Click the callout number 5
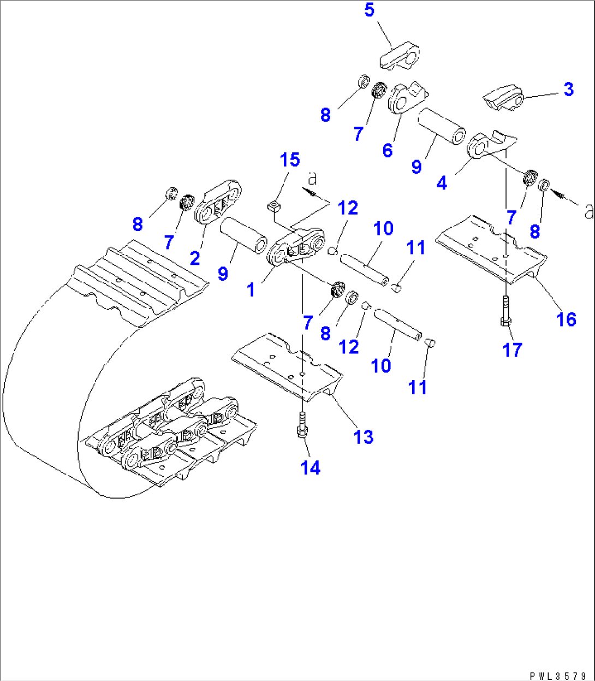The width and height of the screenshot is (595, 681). coord(370,10)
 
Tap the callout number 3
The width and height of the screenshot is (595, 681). coord(568,89)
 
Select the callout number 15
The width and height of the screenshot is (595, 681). coord(290,160)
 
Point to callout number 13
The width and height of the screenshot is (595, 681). coord(364,437)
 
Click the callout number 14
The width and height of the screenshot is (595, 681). coord(311,467)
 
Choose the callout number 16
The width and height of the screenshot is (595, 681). coord(567,319)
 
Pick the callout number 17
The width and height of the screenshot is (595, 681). coord(512,350)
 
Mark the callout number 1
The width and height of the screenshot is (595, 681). coord(251,290)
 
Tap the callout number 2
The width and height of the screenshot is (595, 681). coord(195,258)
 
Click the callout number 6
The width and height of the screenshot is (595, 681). coord(387,150)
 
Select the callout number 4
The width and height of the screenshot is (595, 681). coord(442,183)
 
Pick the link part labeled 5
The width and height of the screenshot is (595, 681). coord(400,57)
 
